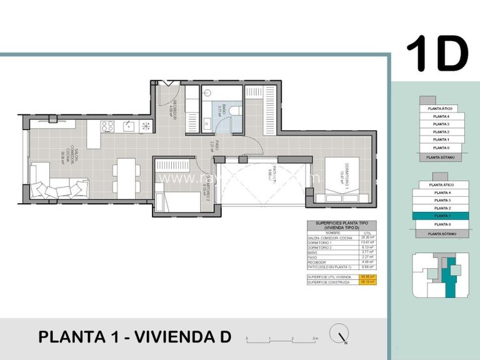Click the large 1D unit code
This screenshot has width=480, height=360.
[x=437, y=54]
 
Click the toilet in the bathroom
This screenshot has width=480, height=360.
[x=235, y=110]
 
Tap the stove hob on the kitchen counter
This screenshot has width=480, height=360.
[x=107, y=127]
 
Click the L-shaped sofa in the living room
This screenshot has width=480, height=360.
[x=56, y=184]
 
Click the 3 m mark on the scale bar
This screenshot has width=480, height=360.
[x=316, y=339]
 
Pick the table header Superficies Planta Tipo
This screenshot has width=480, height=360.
[x=342, y=226]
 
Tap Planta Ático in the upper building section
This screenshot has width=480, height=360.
[x=440, y=108]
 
